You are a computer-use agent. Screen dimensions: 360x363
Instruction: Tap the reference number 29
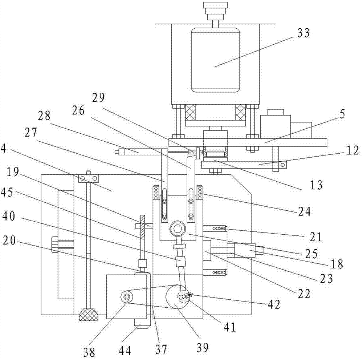98,98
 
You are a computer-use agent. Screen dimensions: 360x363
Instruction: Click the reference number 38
90,351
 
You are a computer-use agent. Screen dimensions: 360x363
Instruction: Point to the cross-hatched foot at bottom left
89,314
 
